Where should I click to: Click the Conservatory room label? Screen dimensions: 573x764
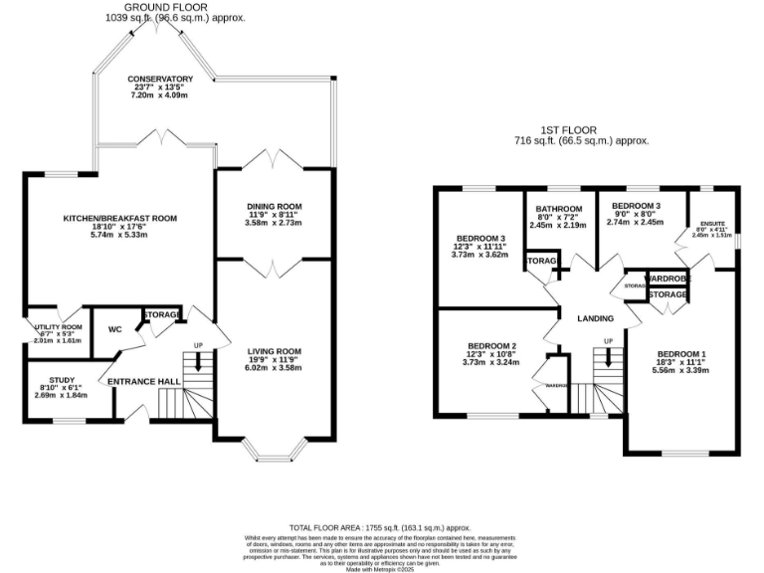[159, 80]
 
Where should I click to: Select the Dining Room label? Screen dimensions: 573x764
[274, 207]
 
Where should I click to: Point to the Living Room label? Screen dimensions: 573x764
[274, 351]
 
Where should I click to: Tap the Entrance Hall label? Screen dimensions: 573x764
[143, 381]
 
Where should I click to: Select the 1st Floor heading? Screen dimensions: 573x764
[580, 129]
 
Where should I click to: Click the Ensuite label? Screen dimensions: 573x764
[711, 225]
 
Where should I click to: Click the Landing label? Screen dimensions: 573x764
[596, 318]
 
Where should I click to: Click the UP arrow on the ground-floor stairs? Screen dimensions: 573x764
[198, 360]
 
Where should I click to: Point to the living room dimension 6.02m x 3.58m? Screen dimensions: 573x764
[274, 367]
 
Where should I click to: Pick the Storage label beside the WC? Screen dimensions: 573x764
[161, 316]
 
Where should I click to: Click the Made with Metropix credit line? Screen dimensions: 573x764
[382, 568]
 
